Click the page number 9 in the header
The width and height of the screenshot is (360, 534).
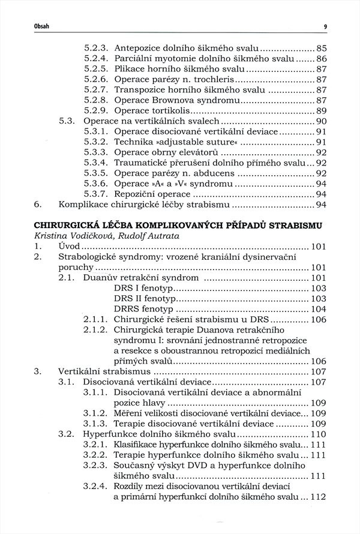point(324,26)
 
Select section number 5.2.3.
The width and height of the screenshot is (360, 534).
point(96,47)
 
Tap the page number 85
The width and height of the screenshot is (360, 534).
point(320,47)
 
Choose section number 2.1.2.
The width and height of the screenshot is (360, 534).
point(96,330)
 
